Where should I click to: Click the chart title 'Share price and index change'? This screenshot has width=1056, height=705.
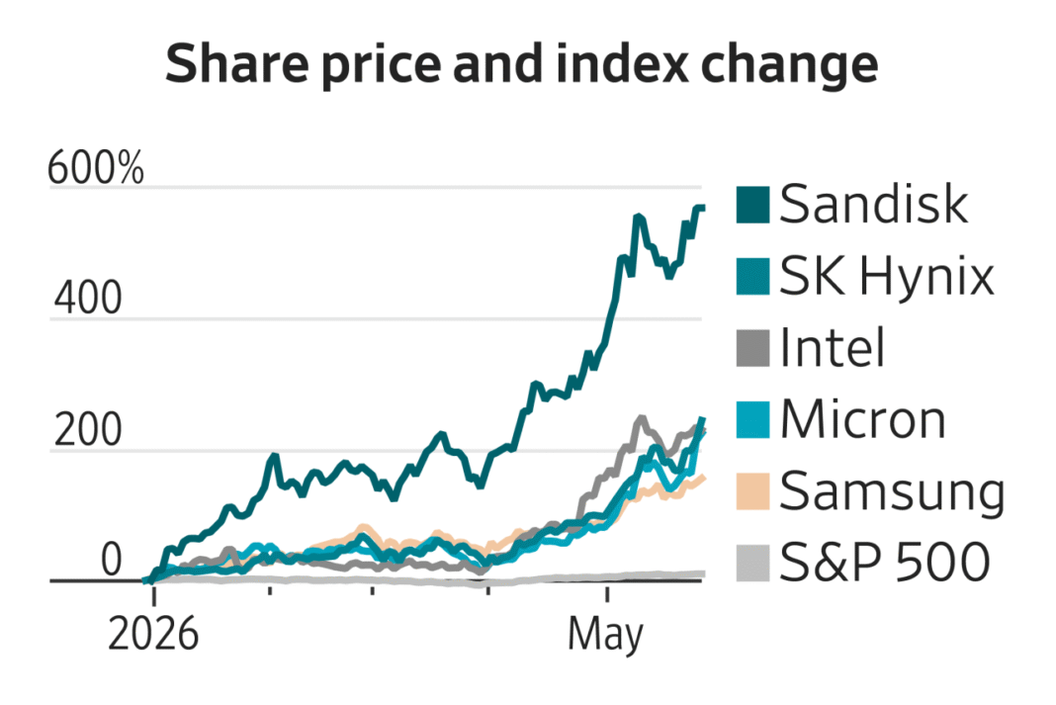pyautogui.click(x=522, y=63)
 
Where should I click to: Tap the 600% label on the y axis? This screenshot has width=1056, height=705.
pyautogui.click(x=96, y=168)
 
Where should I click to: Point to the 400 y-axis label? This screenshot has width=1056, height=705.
pyautogui.click(x=88, y=299)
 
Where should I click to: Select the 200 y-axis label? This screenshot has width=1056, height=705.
pyautogui.click(x=88, y=429)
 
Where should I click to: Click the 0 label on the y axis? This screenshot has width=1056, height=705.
pyautogui.click(x=111, y=560)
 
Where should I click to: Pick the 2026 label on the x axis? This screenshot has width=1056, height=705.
pyautogui.click(x=153, y=634)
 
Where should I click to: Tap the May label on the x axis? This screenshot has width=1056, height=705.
pyautogui.click(x=605, y=635)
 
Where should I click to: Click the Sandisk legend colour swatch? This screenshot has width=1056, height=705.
pyautogui.click(x=752, y=205)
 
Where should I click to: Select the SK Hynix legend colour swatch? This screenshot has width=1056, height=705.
pyautogui.click(x=752, y=277)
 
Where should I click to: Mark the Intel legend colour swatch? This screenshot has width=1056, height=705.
pyautogui.click(x=752, y=349)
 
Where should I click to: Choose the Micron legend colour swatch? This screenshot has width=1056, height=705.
pyautogui.click(x=752, y=420)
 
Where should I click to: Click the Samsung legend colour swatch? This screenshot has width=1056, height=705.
pyautogui.click(x=752, y=491)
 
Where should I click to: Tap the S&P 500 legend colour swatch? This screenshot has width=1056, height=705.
pyautogui.click(x=752, y=564)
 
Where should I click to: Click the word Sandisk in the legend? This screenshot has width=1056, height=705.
pyautogui.click(x=873, y=204)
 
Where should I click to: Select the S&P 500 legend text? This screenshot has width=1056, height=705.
pyautogui.click(x=885, y=563)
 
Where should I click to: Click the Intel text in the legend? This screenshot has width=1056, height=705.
pyautogui.click(x=832, y=347)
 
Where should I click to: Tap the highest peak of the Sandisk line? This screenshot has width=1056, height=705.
pyautogui.click(x=700, y=208)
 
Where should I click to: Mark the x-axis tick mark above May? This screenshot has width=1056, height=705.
pyautogui.click(x=607, y=594)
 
